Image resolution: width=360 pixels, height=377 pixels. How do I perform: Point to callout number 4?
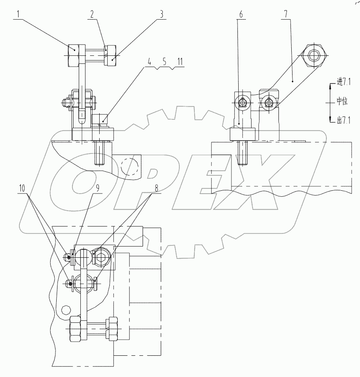click(x=150, y=62)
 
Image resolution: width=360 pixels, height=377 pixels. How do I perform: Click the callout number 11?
click(x=180, y=62)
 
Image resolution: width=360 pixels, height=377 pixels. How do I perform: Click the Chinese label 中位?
click(x=342, y=102)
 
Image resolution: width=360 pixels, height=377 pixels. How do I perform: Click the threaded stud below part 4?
click(x=100, y=153)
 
